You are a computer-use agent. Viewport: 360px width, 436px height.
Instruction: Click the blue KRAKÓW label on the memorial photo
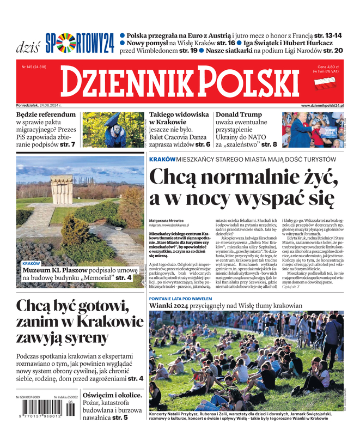(31, 263)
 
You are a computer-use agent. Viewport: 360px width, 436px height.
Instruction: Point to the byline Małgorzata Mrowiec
(168, 221)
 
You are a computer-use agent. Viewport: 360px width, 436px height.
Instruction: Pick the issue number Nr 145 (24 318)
(34, 67)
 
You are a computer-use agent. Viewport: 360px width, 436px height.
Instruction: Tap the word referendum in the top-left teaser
(54, 115)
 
